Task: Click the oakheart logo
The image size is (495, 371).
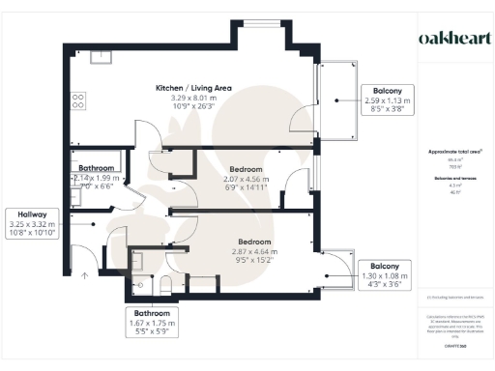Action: (452, 38)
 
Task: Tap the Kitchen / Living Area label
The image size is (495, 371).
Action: (194, 88)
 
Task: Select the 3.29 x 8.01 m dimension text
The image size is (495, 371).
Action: (194, 97)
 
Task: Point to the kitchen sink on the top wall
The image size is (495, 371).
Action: (101, 56)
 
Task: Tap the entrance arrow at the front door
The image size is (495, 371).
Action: (86, 276)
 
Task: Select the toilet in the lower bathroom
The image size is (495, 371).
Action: (166, 282)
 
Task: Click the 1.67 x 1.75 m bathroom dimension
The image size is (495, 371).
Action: (152, 323)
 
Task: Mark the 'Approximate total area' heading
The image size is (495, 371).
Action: (454, 153)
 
